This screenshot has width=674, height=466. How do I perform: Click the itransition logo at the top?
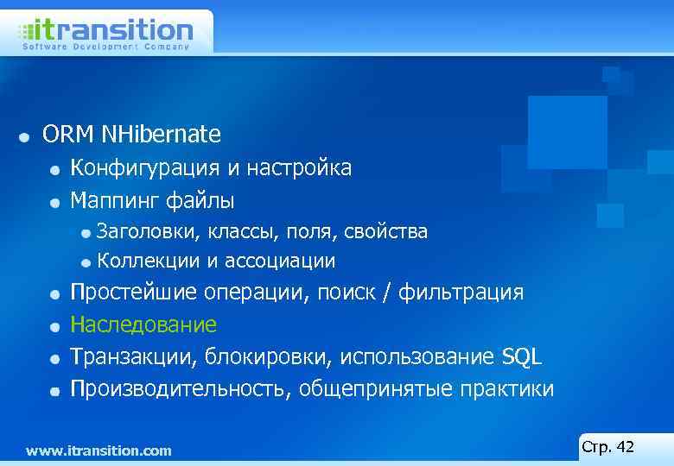click(105, 29)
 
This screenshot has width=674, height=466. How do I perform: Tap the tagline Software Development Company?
click(105, 47)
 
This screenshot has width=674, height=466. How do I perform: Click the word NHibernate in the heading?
click(161, 135)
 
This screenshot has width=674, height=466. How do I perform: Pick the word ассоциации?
click(280, 261)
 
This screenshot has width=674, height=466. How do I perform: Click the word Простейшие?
click(133, 293)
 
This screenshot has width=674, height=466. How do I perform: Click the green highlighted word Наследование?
click(143, 325)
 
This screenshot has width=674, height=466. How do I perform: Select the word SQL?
click(522, 357)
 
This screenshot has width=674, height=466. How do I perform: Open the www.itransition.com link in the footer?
click(99, 450)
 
